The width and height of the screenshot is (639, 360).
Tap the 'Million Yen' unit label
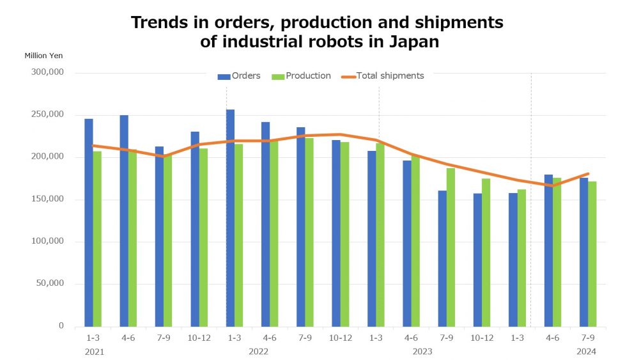pyautogui.click(x=43, y=56)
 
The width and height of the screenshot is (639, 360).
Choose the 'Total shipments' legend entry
pyautogui.click(x=383, y=76)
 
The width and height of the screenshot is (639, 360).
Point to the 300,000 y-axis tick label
pyautogui.click(x=47, y=73)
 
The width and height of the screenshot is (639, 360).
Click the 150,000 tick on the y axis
pyautogui.click(x=47, y=200)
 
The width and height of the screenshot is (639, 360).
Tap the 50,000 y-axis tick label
pyautogui.click(x=50, y=284)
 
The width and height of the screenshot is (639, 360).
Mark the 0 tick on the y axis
pyautogui.click(x=61, y=326)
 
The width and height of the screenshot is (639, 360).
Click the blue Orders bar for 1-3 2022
pyautogui.click(x=230, y=218)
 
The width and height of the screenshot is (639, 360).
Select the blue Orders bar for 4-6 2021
pyautogui.click(x=124, y=221)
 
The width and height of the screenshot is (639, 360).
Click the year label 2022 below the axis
pyautogui.click(x=258, y=351)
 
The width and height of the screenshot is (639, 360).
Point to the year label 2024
pyautogui.click(x=586, y=351)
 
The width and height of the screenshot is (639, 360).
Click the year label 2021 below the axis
pyautogui.click(x=94, y=351)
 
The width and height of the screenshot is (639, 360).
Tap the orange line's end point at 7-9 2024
pyautogui.click(x=587, y=174)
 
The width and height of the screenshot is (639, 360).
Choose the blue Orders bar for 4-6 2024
pyautogui.click(x=548, y=250)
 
